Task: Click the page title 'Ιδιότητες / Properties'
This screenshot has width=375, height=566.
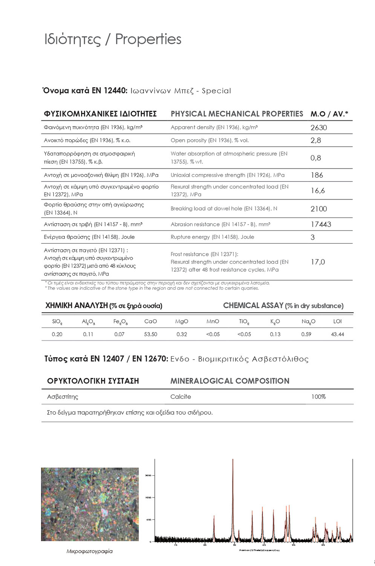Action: coord(113,39)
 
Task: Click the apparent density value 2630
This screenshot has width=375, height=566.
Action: coord(318,128)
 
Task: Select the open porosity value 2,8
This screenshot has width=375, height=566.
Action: coord(316,140)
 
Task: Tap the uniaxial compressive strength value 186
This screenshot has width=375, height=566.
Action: coord(317,175)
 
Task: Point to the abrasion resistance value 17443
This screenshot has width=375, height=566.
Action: coord(321,225)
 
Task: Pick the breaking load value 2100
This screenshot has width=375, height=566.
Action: coord(318,209)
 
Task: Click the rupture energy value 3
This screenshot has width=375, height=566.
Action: coord(312,237)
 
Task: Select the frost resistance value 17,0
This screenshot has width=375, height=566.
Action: coord(318,262)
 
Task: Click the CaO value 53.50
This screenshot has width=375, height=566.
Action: coord(150,334)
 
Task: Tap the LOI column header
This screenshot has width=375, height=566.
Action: coord(337,321)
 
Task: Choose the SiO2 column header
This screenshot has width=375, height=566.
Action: coord(57,322)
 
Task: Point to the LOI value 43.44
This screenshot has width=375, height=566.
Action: coord(337,334)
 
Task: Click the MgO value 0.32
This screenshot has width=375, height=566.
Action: coord(182,334)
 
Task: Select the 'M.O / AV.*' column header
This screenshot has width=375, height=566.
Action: coord(329,114)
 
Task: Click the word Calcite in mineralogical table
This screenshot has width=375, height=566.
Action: coord(181,397)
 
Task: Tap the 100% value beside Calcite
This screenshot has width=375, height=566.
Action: coord(318,397)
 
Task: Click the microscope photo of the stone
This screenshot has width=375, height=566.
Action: coord(90,504)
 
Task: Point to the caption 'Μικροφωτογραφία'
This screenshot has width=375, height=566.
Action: coord(90,551)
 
